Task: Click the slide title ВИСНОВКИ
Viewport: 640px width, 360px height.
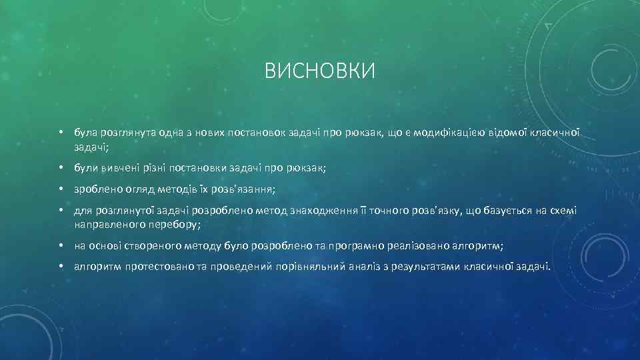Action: (x=320, y=71)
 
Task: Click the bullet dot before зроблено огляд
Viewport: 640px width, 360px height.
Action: (x=61, y=189)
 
